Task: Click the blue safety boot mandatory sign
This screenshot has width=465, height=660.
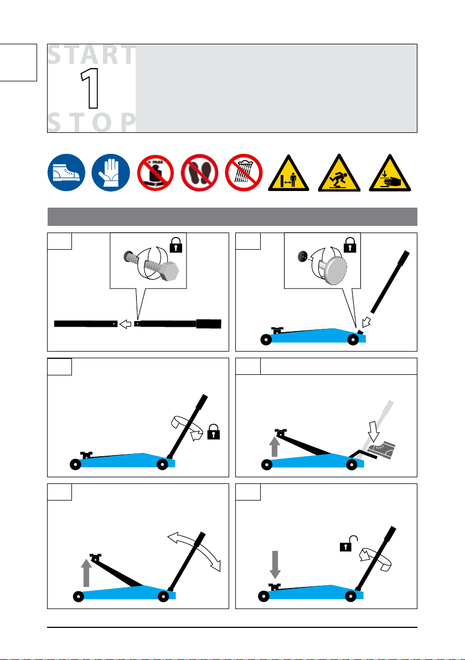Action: (66, 173)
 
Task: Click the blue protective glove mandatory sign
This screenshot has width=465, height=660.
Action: (111, 173)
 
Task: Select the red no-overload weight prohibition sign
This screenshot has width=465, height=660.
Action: (156, 173)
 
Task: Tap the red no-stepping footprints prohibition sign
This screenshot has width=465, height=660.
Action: (199, 173)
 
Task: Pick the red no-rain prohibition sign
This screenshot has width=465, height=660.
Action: (244, 173)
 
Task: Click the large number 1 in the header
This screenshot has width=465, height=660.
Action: (90, 89)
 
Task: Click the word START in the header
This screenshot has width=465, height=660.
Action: (92, 55)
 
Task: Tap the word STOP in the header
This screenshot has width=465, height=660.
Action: (92, 122)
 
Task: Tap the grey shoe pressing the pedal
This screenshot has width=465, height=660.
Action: (381, 450)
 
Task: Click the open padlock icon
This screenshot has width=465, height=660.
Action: (348, 544)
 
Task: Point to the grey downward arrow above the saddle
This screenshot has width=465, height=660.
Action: (275, 564)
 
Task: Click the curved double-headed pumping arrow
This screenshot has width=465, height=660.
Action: (194, 551)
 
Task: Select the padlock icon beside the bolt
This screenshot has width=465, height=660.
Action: (176, 245)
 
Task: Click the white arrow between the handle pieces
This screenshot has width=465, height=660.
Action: (126, 324)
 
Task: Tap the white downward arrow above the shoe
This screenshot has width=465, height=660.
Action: (374, 431)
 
